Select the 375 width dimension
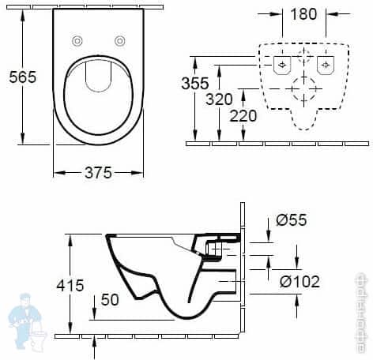[x=98, y=172]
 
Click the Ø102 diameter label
[x=299, y=281]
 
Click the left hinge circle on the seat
[x=77, y=41]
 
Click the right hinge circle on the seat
[x=119, y=41]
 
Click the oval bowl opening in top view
[x=98, y=96]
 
